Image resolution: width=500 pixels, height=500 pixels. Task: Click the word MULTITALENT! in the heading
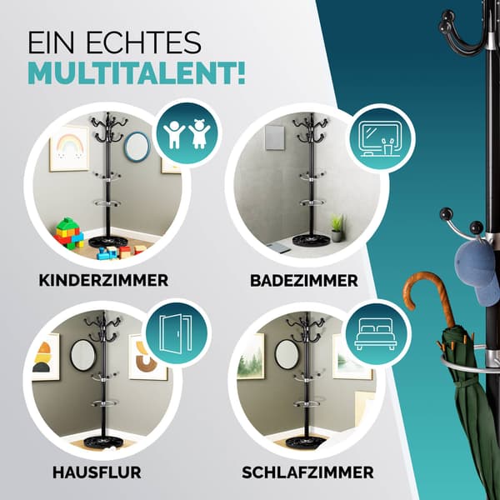137,73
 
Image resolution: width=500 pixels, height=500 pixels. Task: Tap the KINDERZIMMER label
103,280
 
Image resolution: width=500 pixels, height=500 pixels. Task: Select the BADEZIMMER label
304,281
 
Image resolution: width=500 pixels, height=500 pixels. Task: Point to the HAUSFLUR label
97,472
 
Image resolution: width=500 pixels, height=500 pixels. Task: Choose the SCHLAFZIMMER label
307,472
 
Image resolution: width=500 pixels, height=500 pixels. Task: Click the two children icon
187,133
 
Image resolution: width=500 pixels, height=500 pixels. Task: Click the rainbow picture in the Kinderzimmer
69,148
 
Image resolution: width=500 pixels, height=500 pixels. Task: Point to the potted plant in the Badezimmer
337,227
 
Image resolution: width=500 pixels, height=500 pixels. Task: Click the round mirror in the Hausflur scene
82,355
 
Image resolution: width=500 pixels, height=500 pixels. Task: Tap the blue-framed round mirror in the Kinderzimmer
137,147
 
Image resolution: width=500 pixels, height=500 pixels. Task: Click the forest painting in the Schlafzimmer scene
251,356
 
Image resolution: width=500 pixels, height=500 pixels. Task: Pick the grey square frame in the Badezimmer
274,137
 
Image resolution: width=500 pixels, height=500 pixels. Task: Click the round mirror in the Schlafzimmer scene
287,354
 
